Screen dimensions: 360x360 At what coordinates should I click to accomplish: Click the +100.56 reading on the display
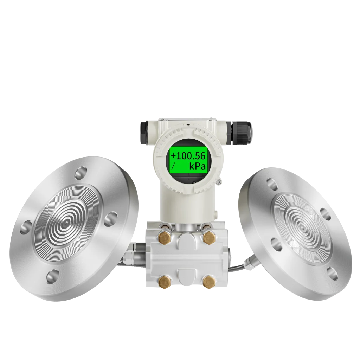(x=188, y=156)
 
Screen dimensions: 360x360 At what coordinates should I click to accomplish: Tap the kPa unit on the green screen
(x=197, y=166)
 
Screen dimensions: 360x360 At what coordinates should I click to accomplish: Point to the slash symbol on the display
(x=173, y=166)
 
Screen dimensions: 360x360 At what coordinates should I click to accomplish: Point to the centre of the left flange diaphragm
(x=66, y=222)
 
